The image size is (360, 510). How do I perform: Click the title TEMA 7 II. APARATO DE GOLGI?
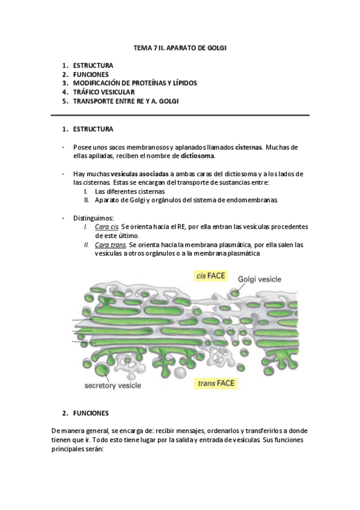tap(180, 47)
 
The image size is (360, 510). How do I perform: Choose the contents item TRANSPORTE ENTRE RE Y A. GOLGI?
tap(125, 101)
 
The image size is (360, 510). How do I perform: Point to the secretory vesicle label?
tap(117, 386)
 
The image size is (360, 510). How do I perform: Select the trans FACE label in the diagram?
tap(216, 382)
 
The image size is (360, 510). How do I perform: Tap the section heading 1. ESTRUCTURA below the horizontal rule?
tap(93, 129)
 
